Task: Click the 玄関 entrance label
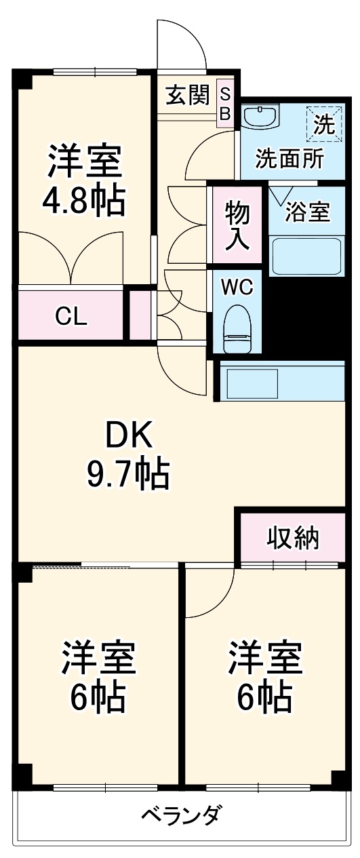pos(187,96)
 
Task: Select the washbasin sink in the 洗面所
pos(261,117)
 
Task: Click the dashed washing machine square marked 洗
pos(324,123)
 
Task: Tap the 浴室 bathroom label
pos(307,212)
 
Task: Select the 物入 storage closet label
pos(237,226)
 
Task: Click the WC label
pos(237,288)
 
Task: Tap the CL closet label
pos(71,316)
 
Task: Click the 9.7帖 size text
pos(128,475)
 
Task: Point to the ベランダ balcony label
pos(180,815)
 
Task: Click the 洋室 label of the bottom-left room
pos(99,656)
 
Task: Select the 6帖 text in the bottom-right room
pos(264,696)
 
